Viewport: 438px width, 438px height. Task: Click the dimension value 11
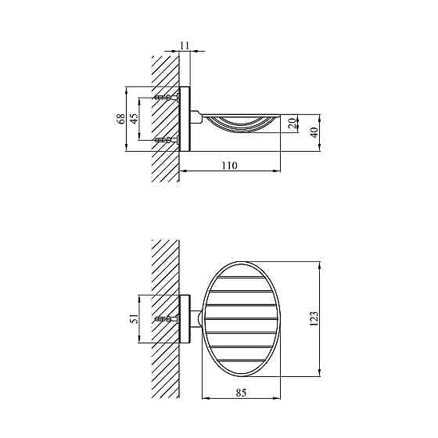(185, 45)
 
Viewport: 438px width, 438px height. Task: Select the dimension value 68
(121, 119)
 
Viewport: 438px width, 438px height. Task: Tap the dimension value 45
(134, 118)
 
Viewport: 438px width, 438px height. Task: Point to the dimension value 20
(291, 124)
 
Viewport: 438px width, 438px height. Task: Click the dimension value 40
(314, 132)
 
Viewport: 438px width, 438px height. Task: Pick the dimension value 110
(230, 166)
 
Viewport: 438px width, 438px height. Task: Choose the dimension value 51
(135, 318)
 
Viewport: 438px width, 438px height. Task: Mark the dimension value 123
(314, 318)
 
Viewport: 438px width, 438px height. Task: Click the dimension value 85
(241, 393)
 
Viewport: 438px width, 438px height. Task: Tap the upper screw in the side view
(167, 98)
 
